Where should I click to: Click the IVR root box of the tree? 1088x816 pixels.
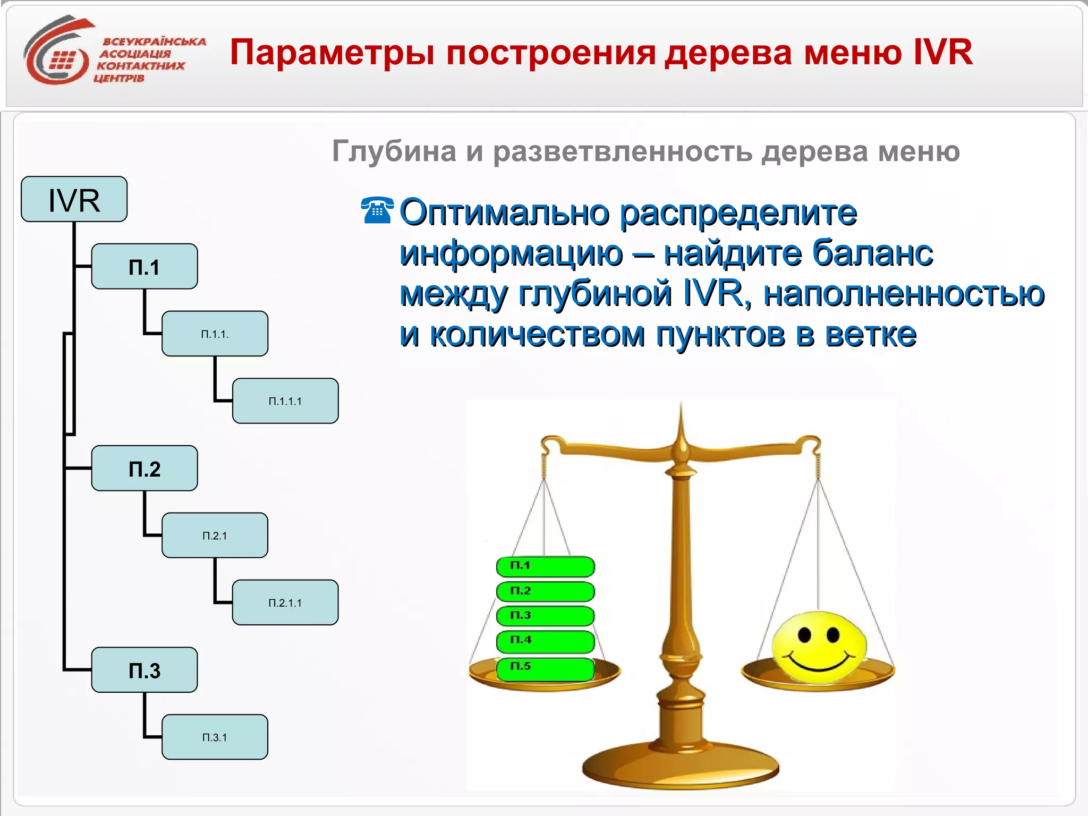(74, 199)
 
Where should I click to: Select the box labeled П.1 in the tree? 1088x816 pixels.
(144, 267)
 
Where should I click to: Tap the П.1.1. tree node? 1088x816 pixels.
(215, 334)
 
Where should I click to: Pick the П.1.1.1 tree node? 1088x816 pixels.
(285, 401)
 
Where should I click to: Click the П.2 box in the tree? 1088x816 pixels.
(144, 469)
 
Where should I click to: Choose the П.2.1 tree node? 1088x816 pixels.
(215, 535)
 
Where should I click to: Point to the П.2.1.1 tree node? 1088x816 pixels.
(285, 603)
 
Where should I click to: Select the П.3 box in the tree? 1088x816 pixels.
(144, 670)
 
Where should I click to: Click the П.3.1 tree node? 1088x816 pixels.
(215, 737)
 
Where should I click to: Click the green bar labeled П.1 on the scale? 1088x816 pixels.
(545, 566)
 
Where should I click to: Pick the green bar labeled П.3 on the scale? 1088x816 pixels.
(545, 616)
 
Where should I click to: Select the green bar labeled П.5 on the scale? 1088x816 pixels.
(545, 668)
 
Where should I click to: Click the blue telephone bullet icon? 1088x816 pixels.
(377, 210)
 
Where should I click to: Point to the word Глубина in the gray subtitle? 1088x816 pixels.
(394, 151)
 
